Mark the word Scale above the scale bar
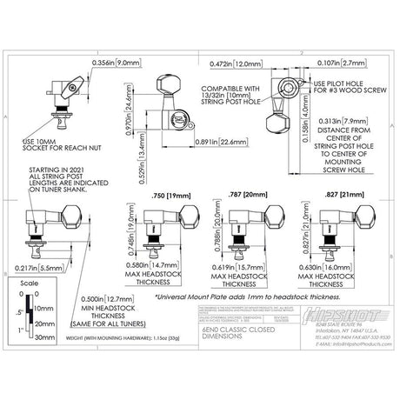point(29,284)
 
